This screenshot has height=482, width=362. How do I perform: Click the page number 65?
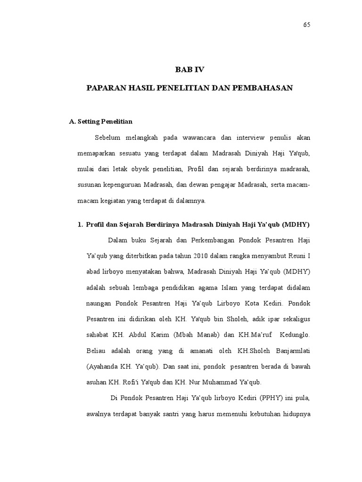[306, 25]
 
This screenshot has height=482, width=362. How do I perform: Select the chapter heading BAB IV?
[190, 70]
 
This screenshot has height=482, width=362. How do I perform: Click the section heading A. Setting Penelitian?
[100, 121]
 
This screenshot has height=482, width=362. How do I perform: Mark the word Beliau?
[97, 350]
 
